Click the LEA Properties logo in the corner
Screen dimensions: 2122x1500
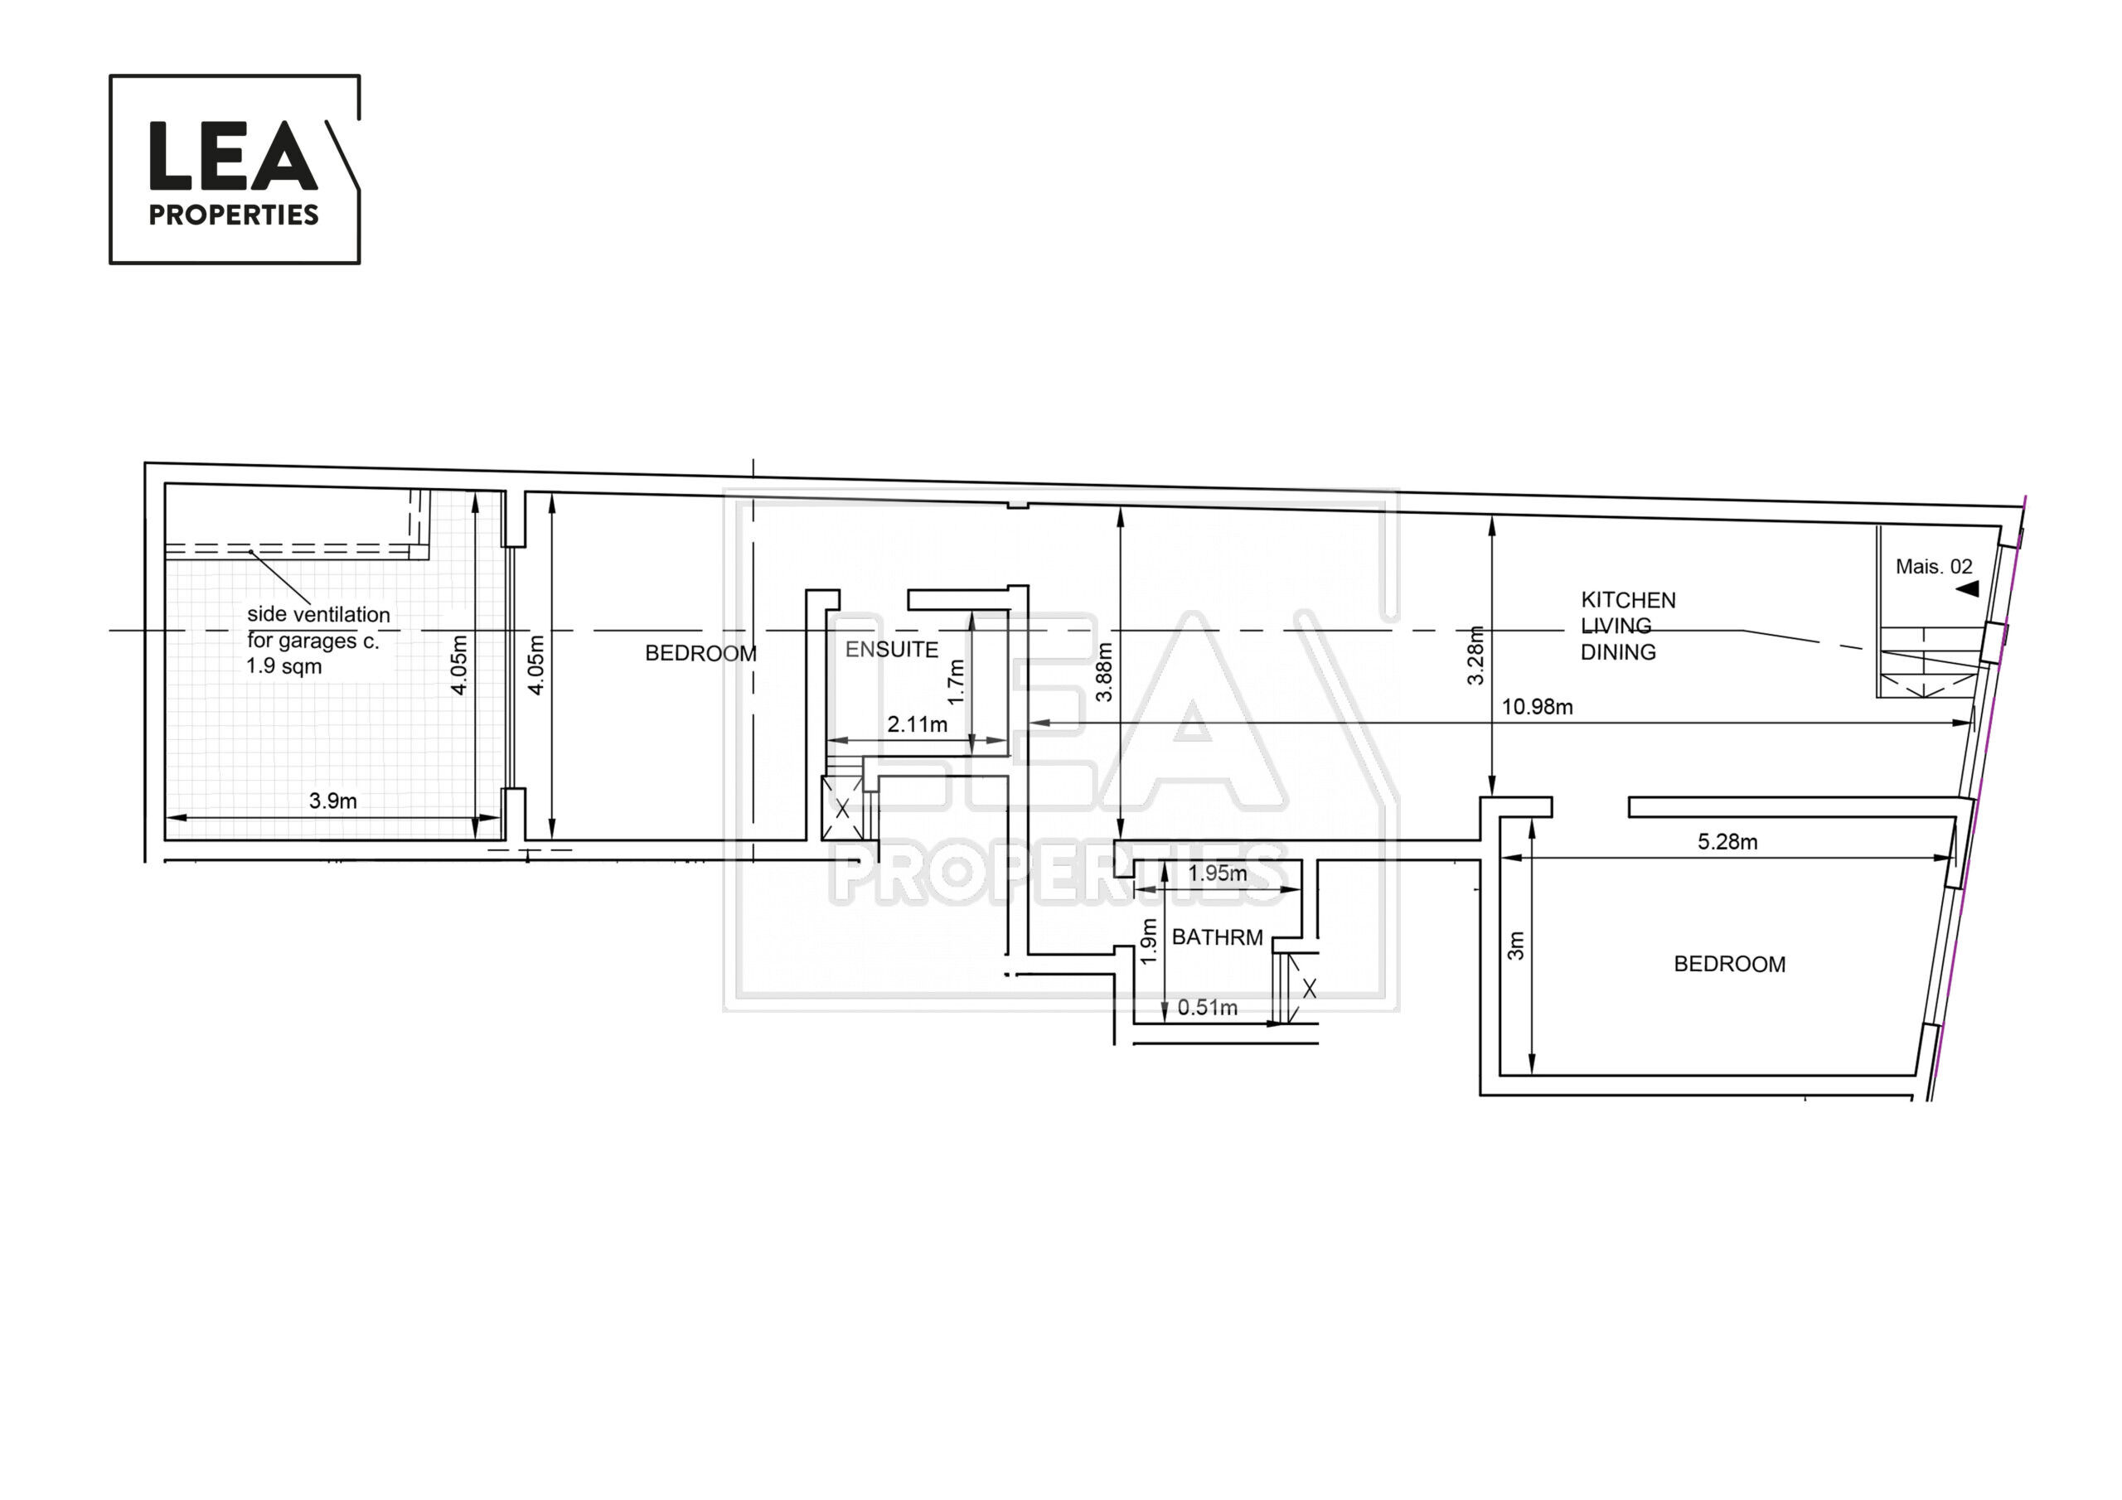coord(235,169)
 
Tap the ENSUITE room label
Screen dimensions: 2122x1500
coord(892,650)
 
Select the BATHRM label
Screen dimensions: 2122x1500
coord(1217,937)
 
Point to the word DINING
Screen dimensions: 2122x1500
coord(1618,651)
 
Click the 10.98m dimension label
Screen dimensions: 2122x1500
coord(1537,707)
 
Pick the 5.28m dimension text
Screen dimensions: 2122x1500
coord(1727,842)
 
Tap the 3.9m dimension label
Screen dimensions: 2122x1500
coord(332,801)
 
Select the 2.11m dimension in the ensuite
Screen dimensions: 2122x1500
coord(917,724)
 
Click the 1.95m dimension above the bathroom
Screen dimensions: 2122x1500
coord(1217,873)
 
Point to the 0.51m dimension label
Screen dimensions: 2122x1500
coord(1207,1008)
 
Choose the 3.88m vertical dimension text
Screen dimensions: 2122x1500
coord(1103,672)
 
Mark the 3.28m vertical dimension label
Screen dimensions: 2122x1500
coord(1476,656)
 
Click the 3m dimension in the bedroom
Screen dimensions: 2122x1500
coord(1516,946)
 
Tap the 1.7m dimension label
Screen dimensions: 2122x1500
coord(957,682)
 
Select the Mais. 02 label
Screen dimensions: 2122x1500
coord(1934,567)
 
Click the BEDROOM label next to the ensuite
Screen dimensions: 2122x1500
coord(700,653)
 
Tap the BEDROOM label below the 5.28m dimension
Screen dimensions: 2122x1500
coord(1729,964)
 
